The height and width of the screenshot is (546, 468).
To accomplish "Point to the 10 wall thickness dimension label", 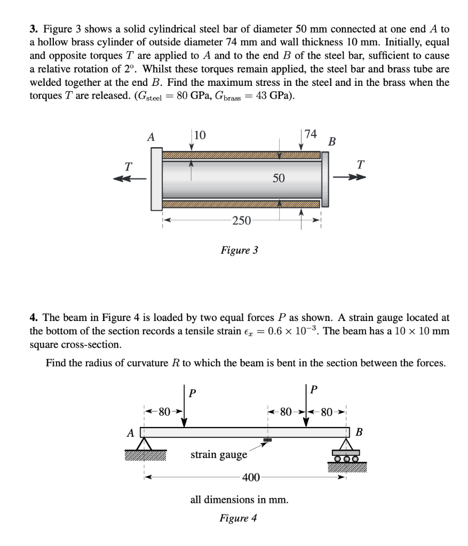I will [200, 135].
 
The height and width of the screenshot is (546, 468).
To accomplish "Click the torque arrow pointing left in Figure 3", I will [130, 179].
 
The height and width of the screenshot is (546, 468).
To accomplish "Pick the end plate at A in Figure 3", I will [156, 179].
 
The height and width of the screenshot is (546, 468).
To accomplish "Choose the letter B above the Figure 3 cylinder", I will [332, 142].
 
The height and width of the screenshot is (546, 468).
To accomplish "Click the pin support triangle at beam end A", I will [144, 444].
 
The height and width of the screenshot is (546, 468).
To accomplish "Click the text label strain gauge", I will [219, 454].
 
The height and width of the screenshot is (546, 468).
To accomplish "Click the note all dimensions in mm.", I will [240, 500].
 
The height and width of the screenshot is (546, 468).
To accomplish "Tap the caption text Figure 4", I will [240, 518].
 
